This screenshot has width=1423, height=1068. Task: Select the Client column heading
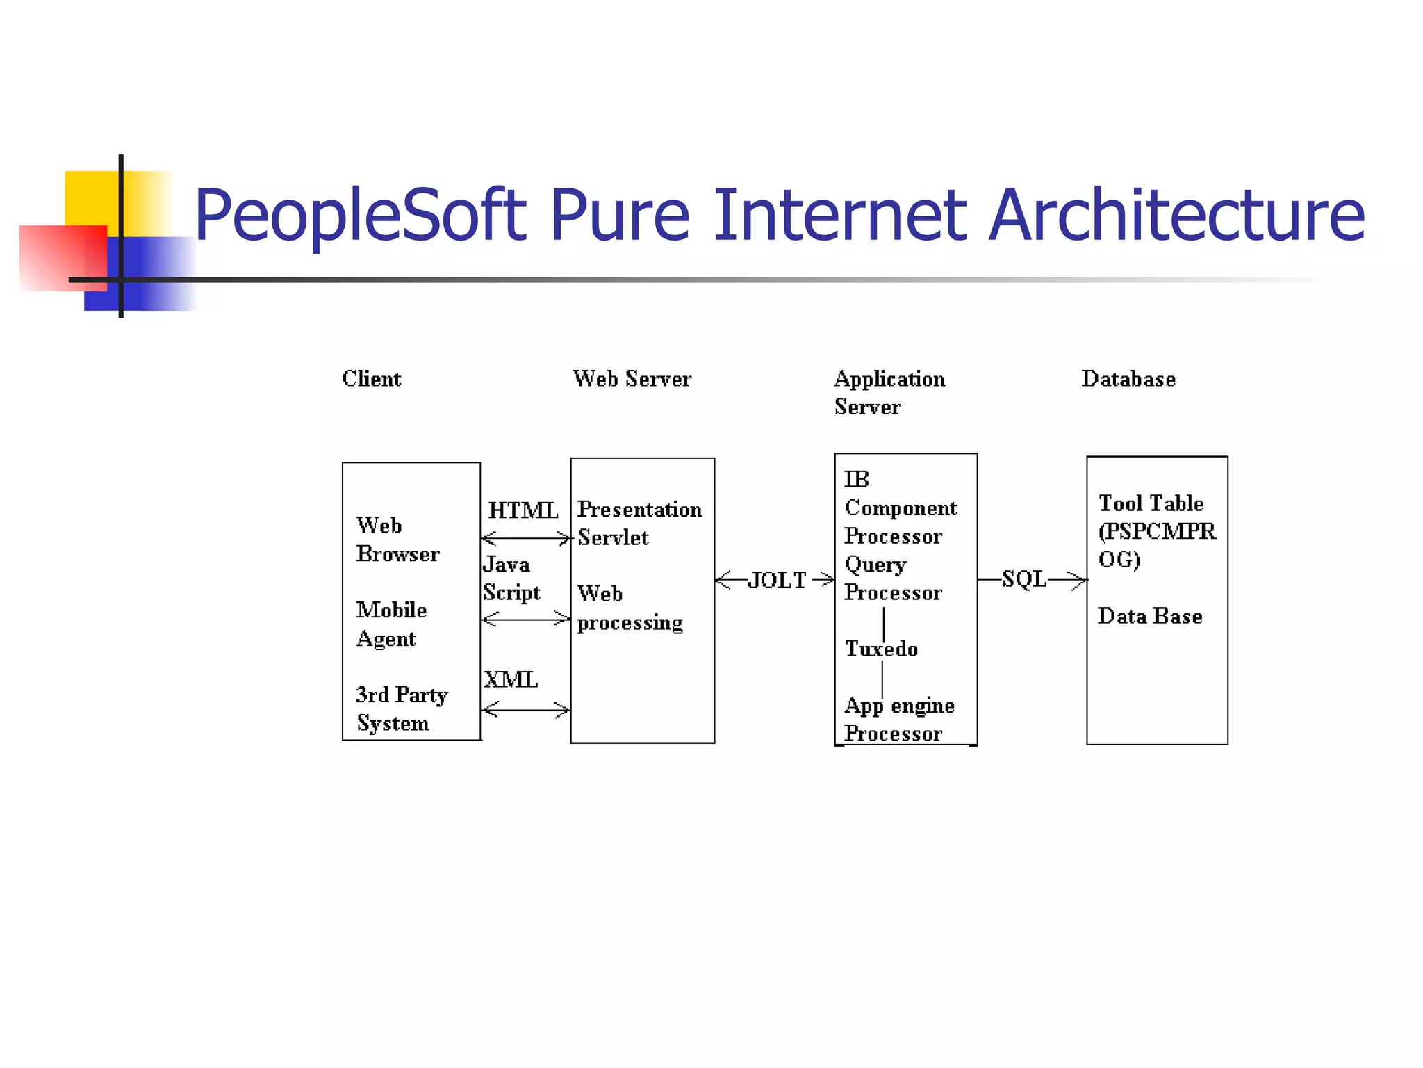371,379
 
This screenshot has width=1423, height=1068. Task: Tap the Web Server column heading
632,379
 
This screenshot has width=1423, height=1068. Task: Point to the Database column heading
1128,379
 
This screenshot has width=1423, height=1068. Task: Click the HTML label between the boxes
523,510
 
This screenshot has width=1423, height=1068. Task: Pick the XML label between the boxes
511,679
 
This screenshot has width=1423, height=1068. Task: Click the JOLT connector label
776,580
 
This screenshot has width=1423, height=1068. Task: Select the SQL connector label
1023,578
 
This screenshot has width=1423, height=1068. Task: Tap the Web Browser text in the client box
397,540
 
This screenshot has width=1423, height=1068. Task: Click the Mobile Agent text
391,624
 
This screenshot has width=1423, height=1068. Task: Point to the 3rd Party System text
402,709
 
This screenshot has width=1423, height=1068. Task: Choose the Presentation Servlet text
639,523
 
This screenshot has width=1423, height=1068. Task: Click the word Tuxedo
881,649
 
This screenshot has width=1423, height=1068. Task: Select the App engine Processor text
899,719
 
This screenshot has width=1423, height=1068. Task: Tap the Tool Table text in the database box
1151,503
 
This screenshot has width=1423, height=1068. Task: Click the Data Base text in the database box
1150,616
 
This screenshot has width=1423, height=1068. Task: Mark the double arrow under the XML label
525,710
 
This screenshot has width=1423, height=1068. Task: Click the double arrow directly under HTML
525,538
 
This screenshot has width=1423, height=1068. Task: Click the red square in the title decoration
63,257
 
